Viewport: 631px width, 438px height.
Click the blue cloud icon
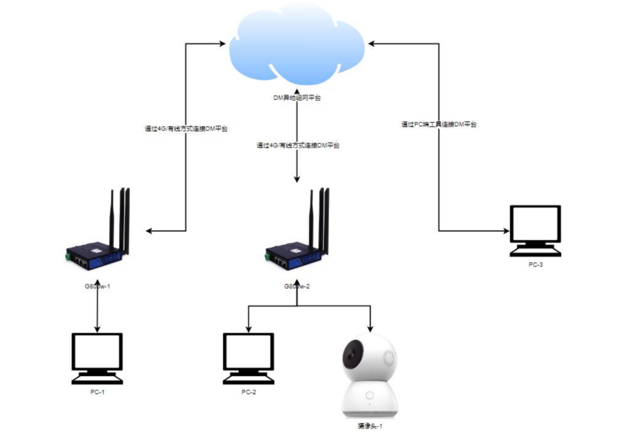297,46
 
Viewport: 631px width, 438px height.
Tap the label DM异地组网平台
297,98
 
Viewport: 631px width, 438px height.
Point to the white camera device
369,375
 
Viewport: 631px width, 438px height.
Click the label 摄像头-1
369,426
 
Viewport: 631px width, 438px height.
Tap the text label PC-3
535,264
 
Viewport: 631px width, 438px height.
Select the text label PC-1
97,392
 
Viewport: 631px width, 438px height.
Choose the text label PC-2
248,392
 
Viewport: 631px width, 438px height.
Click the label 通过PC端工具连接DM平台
439,124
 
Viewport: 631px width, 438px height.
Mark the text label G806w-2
297,286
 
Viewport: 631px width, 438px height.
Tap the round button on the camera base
369,396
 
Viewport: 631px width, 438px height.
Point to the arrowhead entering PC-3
507,231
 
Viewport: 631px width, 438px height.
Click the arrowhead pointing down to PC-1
97,329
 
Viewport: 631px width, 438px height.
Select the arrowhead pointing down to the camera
369,329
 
